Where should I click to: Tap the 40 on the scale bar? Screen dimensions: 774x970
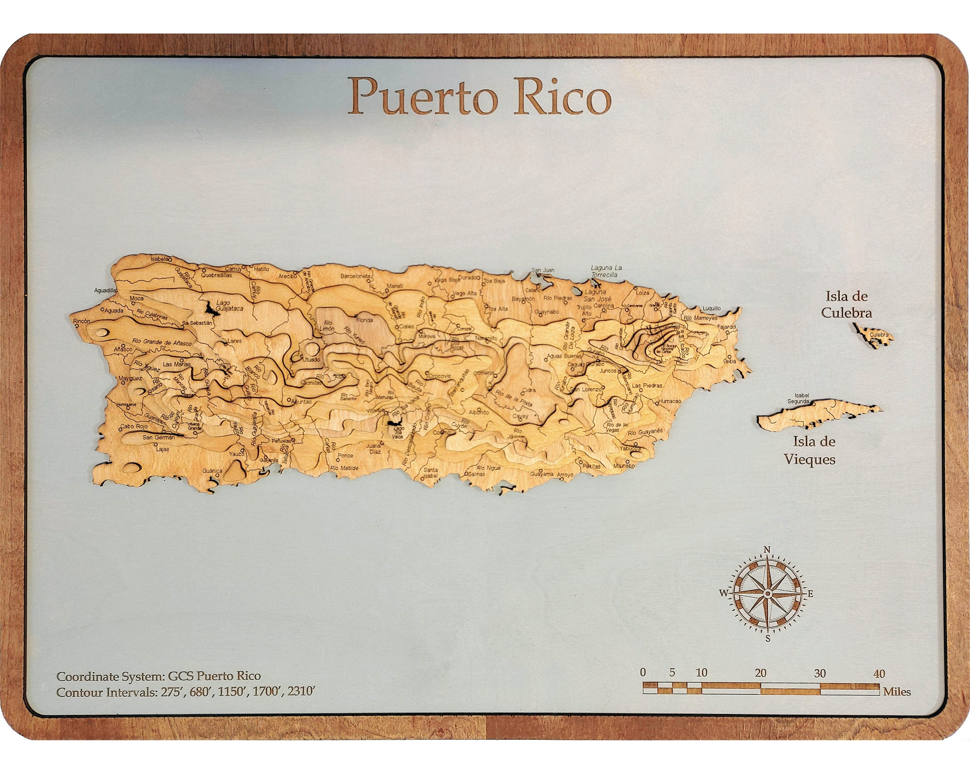pos(879,674)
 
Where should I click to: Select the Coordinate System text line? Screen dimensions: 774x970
pos(158,676)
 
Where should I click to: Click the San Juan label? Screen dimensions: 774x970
pos(543,270)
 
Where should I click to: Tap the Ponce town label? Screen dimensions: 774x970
pos(346,455)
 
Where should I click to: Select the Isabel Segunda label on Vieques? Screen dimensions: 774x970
pos(798,398)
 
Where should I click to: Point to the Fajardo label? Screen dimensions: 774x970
pos(726,327)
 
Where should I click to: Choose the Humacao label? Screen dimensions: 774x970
pos(670,401)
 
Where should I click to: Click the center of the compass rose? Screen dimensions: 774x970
pos(768,594)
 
